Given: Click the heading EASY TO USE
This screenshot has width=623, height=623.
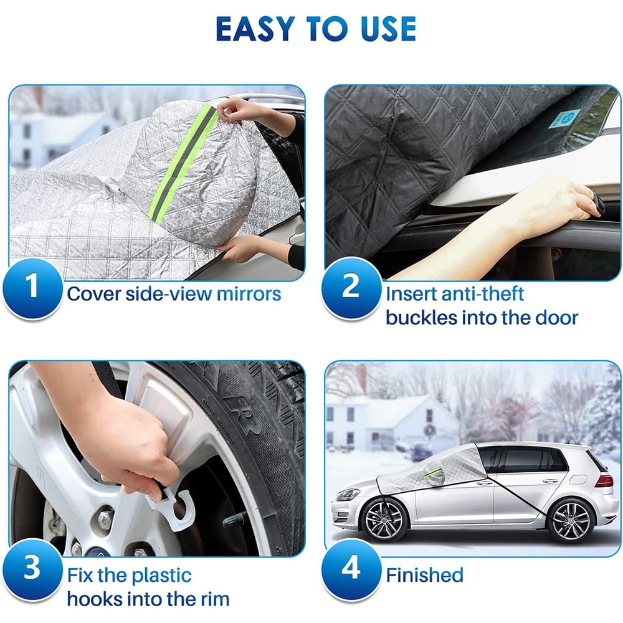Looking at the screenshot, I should (316, 29).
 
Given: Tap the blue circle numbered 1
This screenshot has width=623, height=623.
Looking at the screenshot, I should (34, 288).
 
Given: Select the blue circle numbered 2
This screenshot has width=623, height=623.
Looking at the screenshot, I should (351, 287).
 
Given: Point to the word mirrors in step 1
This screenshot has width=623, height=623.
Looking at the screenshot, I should (249, 293).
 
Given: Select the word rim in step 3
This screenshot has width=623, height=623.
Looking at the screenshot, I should (214, 600).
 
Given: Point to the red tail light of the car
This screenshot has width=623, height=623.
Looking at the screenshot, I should (604, 480).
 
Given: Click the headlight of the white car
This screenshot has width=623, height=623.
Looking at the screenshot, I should (348, 495).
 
